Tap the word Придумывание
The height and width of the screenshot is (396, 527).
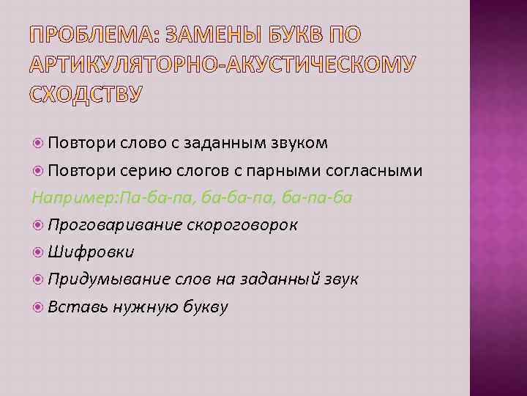(x=108, y=279)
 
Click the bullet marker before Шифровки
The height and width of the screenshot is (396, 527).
(x=38, y=252)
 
